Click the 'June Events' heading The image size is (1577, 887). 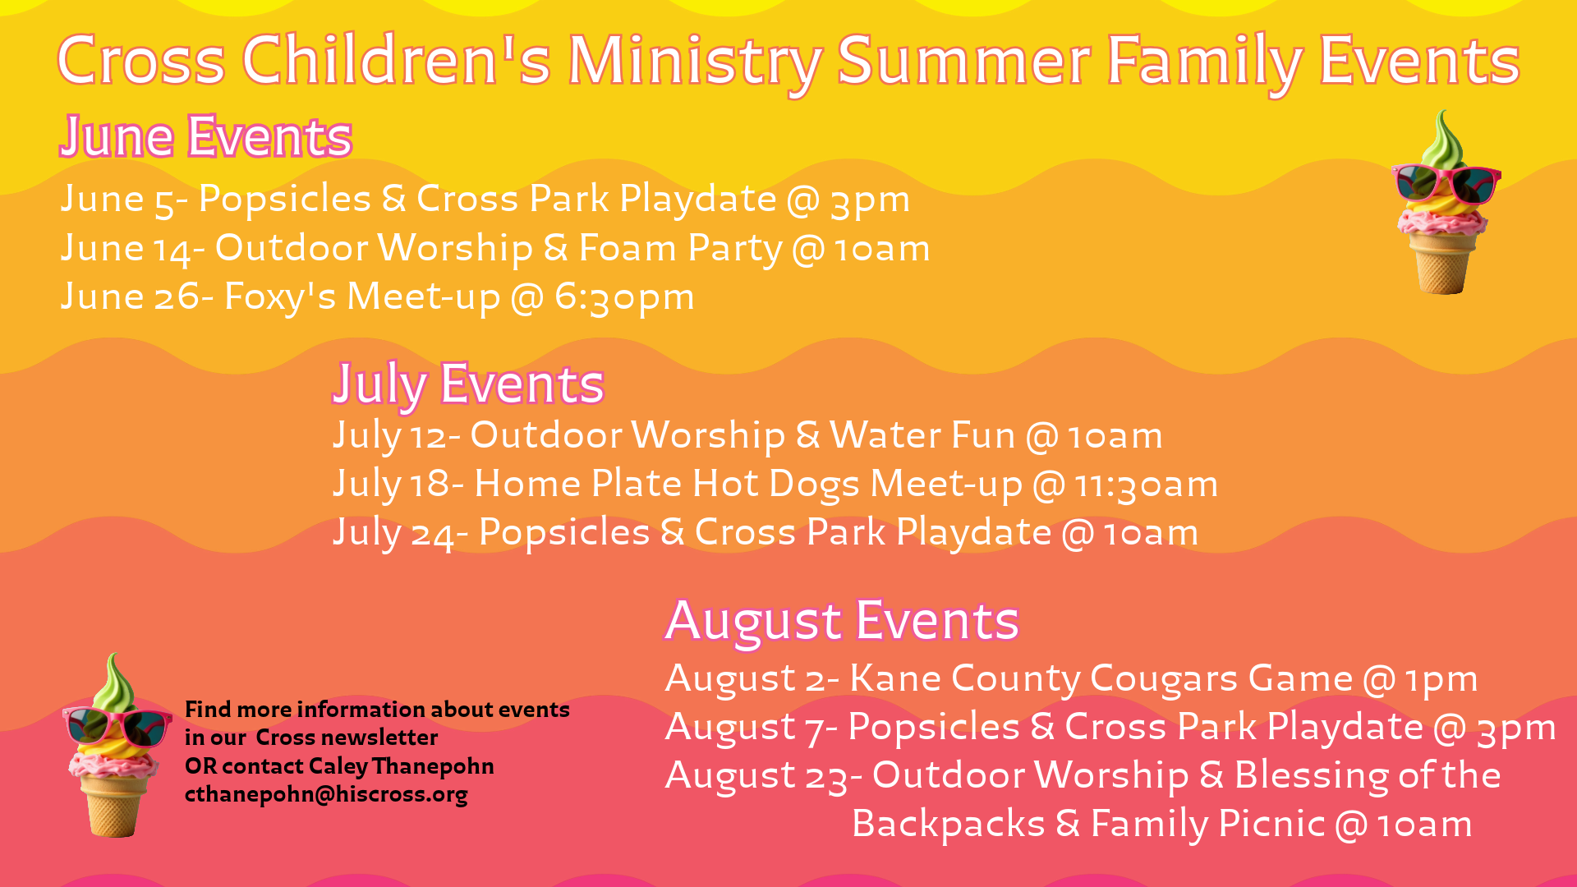pos(206,137)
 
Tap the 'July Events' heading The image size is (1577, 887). pos(468,384)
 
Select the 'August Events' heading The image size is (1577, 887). pos(843,621)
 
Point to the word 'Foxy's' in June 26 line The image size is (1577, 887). pos(280,296)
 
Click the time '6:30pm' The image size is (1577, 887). pos(624,297)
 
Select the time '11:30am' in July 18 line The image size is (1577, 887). pos(1147,485)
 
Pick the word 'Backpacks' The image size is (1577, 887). pos(949,825)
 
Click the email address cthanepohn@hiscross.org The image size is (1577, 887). pos(326,795)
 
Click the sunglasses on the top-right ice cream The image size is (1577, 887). pos(1446,183)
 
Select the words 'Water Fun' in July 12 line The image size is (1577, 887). pos(922,435)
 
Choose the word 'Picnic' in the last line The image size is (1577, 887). pos(1271,824)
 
